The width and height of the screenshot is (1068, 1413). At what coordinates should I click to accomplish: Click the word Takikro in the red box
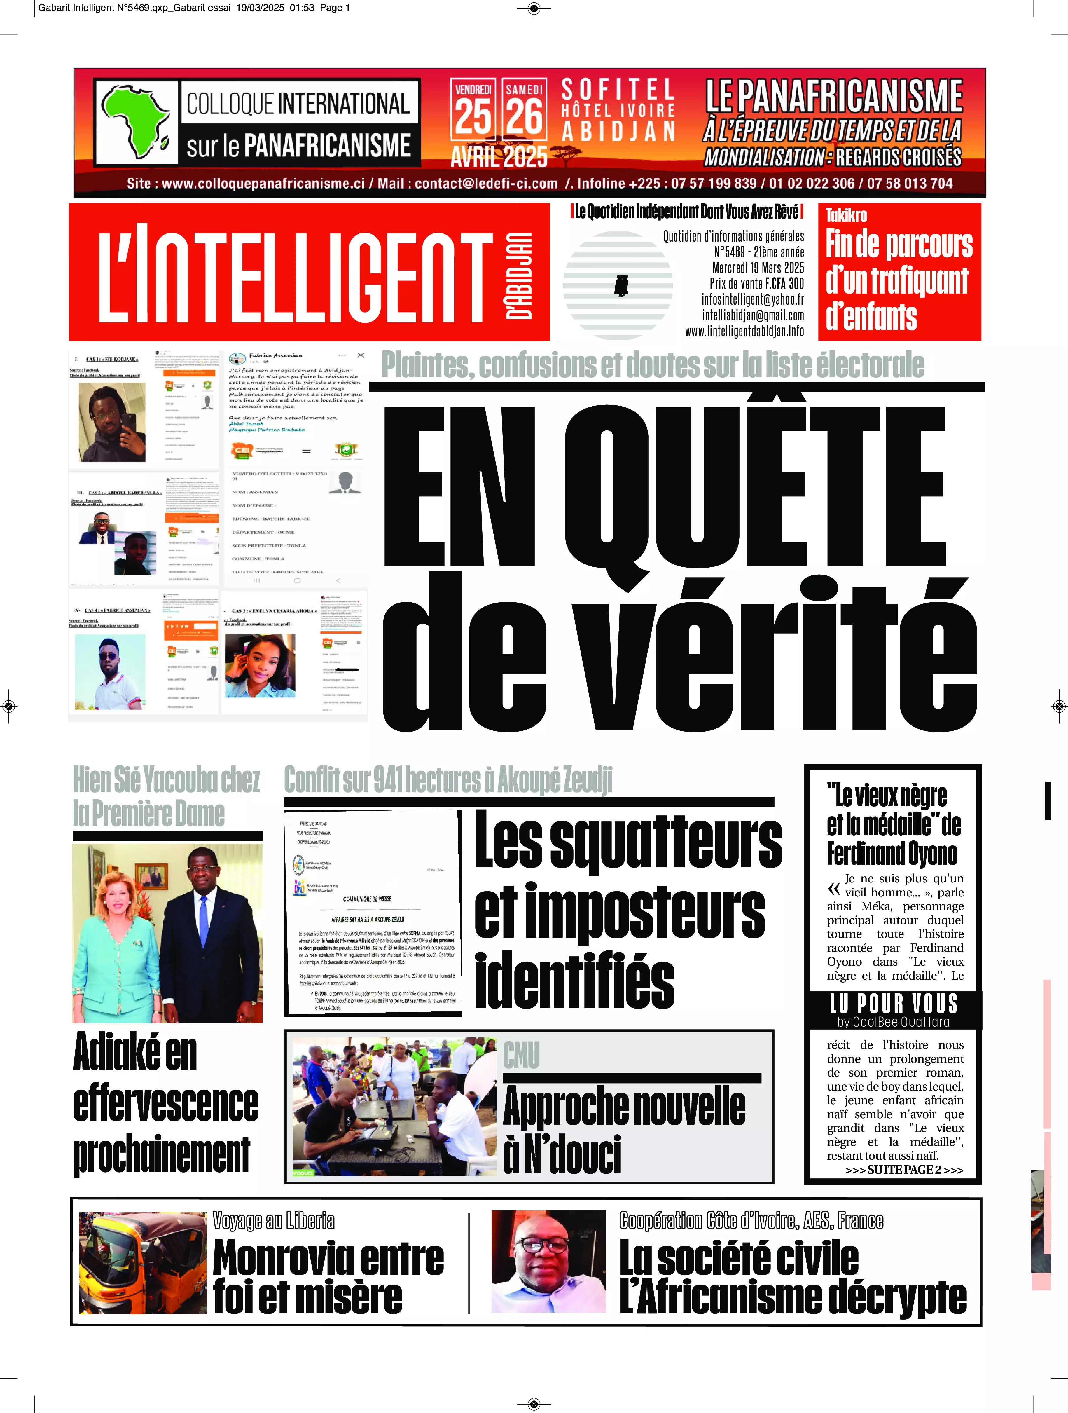point(846,215)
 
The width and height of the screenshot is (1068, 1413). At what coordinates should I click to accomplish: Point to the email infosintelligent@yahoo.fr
point(752,300)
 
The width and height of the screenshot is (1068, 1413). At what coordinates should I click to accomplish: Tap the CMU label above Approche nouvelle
point(521,1055)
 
